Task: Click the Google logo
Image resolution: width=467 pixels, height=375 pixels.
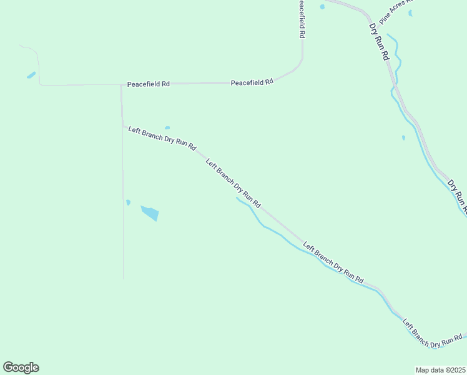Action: point(21,367)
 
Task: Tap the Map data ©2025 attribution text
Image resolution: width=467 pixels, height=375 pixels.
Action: point(440,370)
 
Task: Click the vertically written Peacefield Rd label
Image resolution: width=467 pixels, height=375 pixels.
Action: point(301,19)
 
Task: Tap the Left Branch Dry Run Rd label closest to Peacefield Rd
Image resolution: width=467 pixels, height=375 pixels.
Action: point(162,139)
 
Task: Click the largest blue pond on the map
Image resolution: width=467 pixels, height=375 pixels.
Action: point(150,212)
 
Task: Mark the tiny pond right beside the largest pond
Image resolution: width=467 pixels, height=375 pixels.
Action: point(128,202)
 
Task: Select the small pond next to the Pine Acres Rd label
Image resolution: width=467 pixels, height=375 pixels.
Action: point(410,13)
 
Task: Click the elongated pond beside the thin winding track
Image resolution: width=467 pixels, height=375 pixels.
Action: point(31,76)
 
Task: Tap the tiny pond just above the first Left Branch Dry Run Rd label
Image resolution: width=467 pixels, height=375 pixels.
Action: point(167,127)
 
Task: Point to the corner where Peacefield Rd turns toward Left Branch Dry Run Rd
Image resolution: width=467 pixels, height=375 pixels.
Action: point(121,84)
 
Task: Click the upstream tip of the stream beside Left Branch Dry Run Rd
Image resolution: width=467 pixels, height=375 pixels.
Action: point(237,198)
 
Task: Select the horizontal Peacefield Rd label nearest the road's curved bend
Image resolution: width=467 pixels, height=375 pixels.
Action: point(252,82)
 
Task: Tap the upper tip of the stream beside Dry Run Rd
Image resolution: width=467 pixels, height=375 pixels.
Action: point(388,34)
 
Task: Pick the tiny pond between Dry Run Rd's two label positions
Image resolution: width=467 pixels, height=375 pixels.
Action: point(403,137)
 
